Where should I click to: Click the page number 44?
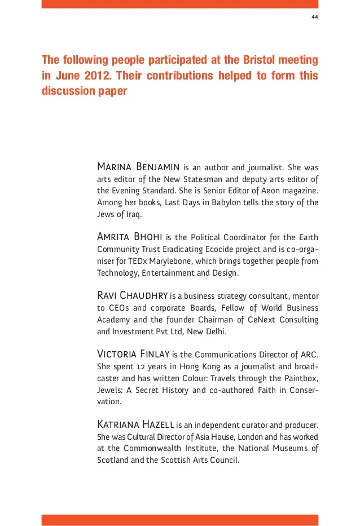(x=315, y=17)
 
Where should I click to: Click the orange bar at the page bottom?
(x=180, y=520)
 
